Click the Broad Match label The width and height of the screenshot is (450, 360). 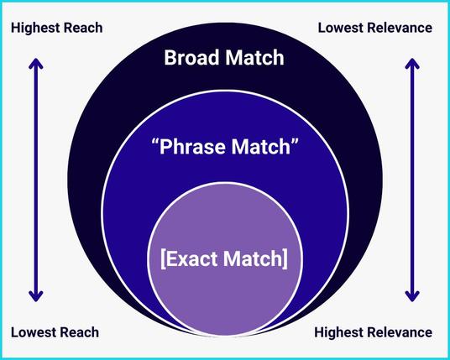(x=224, y=58)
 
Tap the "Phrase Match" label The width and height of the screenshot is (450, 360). (x=225, y=147)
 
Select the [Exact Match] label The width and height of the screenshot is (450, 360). (x=224, y=258)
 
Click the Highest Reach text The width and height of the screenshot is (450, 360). (x=57, y=28)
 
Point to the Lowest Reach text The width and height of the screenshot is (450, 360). (x=55, y=332)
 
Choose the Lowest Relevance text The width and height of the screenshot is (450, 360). (x=375, y=28)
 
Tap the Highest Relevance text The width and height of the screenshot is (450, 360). (x=374, y=332)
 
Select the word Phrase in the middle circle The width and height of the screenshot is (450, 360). (x=193, y=147)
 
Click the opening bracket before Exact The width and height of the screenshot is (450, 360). (x=163, y=259)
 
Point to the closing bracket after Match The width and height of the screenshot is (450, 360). (x=285, y=259)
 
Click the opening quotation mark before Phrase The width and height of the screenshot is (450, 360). (x=155, y=142)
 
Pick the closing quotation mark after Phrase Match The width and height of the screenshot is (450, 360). (x=295, y=142)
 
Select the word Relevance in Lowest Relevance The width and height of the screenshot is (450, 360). (x=400, y=28)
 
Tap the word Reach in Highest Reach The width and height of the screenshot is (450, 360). (x=83, y=28)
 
